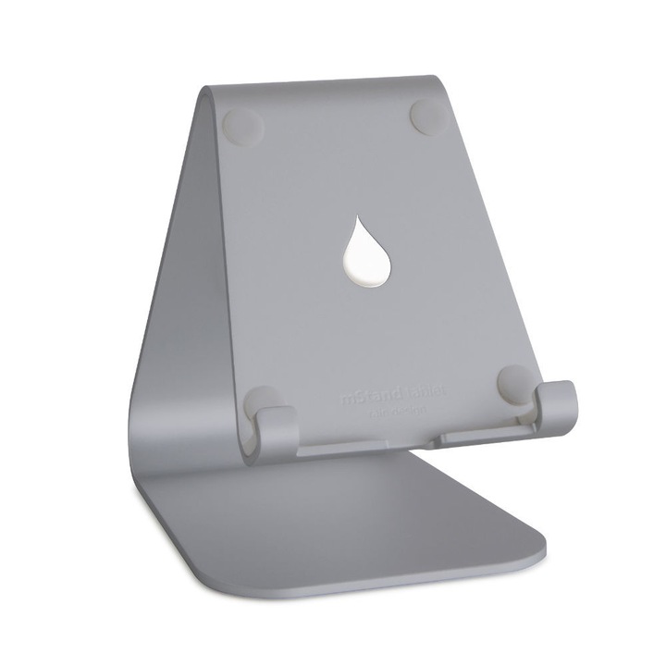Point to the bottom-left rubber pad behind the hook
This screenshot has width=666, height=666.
pyautogui.click(x=262, y=400)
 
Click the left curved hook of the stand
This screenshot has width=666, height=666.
pyautogui.click(x=276, y=428)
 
